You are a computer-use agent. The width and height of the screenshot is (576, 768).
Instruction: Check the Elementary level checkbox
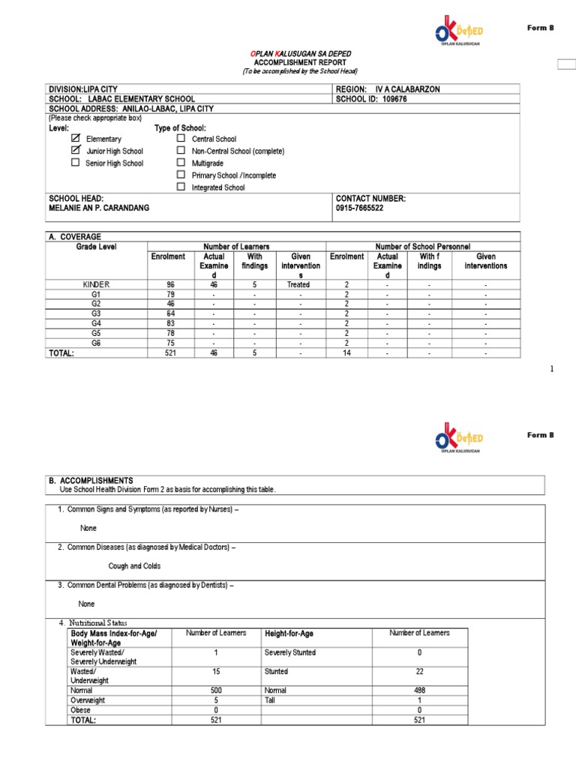coord(75,139)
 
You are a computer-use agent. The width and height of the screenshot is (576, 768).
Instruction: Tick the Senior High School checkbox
coord(75,163)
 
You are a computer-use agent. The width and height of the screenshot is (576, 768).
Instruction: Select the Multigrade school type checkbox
coord(181,163)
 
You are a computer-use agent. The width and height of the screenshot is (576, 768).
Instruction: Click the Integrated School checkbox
coord(181,187)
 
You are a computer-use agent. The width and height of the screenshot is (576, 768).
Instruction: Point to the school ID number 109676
coord(394,98)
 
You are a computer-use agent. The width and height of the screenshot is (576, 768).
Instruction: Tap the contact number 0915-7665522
coord(359,208)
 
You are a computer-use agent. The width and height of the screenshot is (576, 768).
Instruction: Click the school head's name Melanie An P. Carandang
coord(98,208)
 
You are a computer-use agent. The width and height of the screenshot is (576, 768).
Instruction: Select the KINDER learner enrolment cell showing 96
coord(169,285)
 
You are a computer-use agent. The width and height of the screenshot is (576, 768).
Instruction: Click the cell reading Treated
coord(298,285)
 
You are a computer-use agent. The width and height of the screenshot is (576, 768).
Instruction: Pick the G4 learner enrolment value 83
coord(169,323)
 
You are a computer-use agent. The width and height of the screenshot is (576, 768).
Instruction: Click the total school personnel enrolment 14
coord(346,352)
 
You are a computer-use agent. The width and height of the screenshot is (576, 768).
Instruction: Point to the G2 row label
coord(95,304)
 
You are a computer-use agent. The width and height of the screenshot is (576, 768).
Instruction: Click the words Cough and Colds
coord(134,566)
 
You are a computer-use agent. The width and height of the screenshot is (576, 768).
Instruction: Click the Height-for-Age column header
coord(289,634)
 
